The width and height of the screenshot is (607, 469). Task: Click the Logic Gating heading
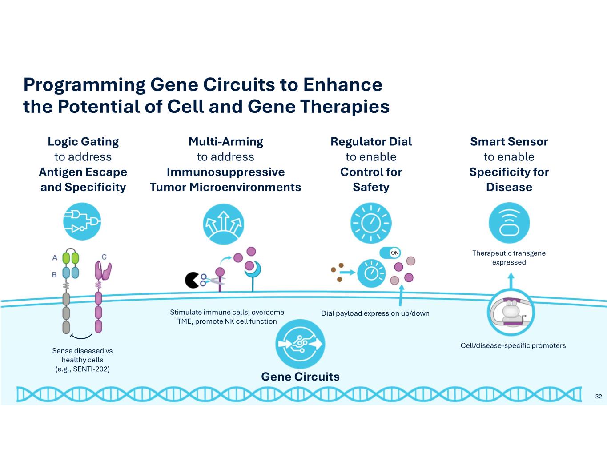point(83,142)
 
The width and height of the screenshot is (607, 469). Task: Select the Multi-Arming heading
point(225,142)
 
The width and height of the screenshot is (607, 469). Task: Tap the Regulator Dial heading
point(371,142)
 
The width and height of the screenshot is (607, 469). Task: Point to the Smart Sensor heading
point(509,142)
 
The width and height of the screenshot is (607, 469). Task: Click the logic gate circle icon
point(82,221)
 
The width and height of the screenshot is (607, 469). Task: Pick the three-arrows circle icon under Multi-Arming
point(223,224)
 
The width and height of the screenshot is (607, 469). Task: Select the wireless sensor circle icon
point(509,223)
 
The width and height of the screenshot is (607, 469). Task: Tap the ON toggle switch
point(390,253)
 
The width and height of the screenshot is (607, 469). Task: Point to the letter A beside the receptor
point(55,257)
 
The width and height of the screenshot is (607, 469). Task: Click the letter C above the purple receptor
point(104,257)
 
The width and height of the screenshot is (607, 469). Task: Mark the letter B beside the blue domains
point(54,275)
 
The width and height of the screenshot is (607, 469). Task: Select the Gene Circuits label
point(300,377)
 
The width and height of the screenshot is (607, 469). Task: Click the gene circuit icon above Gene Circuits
point(300,344)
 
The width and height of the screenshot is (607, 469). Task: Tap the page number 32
point(598,396)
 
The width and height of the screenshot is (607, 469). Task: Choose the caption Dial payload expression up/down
point(375,313)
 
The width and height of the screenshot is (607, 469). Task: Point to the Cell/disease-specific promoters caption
point(513,345)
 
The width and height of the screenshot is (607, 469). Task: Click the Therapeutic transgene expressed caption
point(509,257)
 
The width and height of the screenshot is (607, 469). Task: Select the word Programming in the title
point(84,84)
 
